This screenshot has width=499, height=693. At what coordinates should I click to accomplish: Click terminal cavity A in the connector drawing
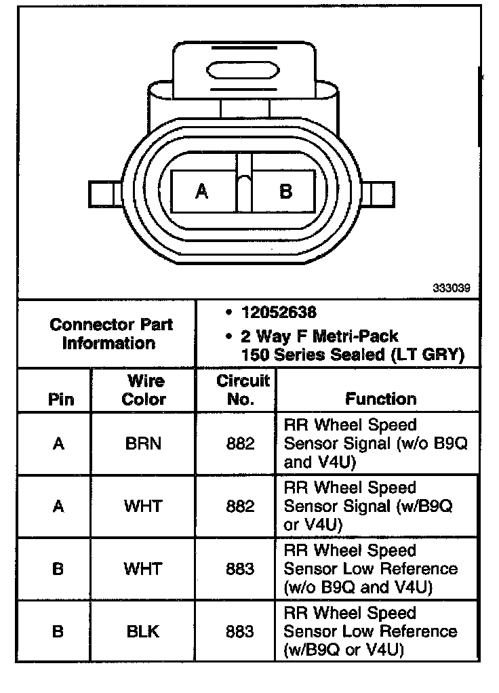[202, 192]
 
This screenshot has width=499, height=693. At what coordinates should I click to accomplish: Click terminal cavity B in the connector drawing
[285, 192]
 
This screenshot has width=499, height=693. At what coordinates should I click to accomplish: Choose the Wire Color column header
[144, 390]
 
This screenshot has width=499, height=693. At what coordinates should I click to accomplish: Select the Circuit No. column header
[242, 390]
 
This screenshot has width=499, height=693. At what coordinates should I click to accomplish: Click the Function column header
[381, 399]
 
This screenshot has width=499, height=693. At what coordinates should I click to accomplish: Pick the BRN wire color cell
[144, 444]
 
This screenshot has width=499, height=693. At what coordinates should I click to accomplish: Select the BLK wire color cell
[144, 631]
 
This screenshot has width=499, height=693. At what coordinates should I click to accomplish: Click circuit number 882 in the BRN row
[241, 444]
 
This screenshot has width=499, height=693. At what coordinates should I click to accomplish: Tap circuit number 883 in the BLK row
[241, 631]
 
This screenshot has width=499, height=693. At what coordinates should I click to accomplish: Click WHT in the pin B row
[144, 569]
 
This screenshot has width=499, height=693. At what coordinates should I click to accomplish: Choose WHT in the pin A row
[144, 507]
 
